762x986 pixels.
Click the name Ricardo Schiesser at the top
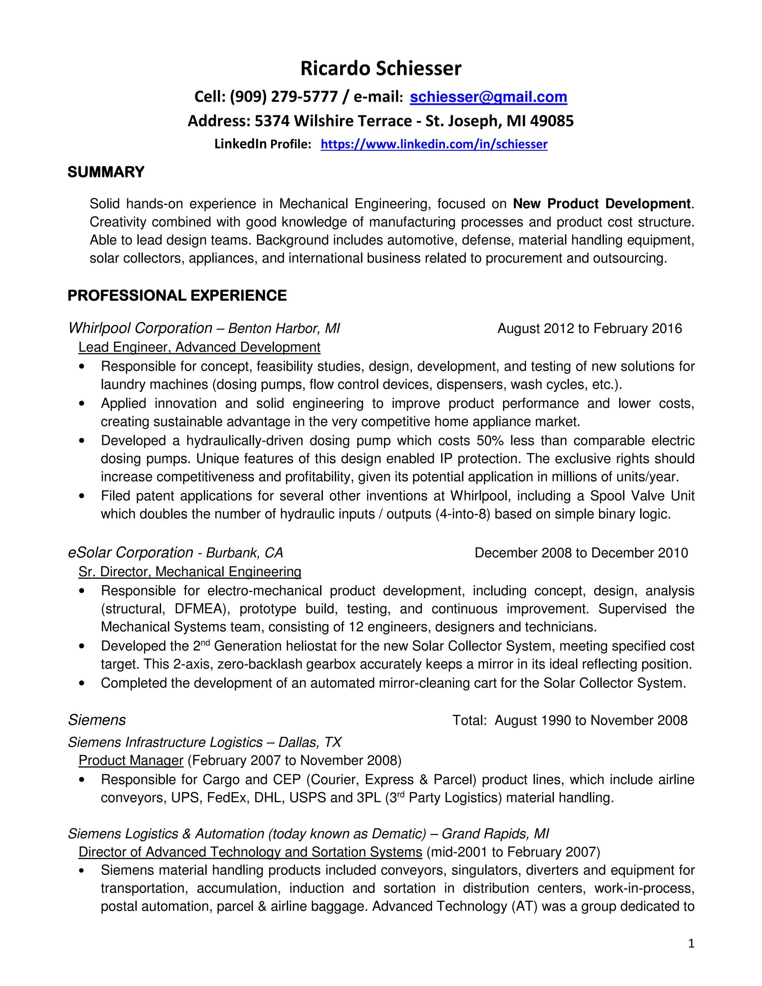381,68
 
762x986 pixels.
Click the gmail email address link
488,97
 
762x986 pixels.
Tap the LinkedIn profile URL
434,144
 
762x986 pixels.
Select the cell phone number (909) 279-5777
284,97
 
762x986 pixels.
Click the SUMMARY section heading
106,172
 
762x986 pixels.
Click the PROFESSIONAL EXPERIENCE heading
177,296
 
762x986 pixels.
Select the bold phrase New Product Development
601,204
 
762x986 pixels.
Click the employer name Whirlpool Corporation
140,328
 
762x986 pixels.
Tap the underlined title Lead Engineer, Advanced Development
199,347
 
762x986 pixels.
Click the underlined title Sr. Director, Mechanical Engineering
190,572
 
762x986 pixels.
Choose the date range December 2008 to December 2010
581,553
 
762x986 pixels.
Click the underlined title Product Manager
131,761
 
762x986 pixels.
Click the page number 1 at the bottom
691,944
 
